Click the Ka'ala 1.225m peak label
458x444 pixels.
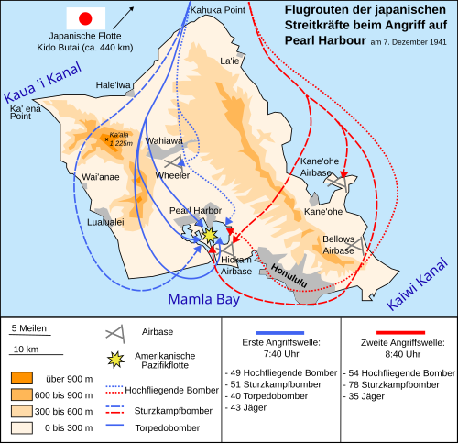(x=118, y=138)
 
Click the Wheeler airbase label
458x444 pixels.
(x=172, y=174)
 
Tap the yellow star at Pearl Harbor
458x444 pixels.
(x=210, y=234)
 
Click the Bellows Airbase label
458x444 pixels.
(x=338, y=245)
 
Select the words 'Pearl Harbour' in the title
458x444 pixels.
(x=324, y=41)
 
